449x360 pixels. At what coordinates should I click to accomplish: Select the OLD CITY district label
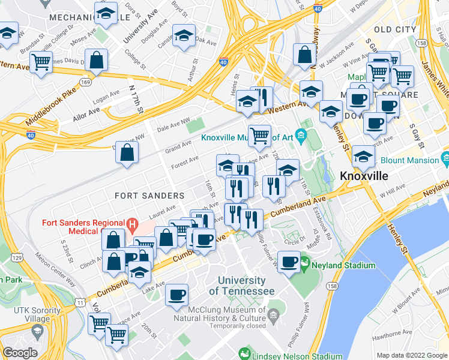coord(394,29)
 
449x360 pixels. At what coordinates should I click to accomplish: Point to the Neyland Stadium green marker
coord(305,263)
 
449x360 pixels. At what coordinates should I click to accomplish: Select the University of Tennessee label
coord(242,286)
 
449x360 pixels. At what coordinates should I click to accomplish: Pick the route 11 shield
coord(80,302)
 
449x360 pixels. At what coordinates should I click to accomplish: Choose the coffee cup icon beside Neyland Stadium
coord(289,262)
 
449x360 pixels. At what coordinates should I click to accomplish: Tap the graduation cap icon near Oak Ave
coord(184,35)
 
